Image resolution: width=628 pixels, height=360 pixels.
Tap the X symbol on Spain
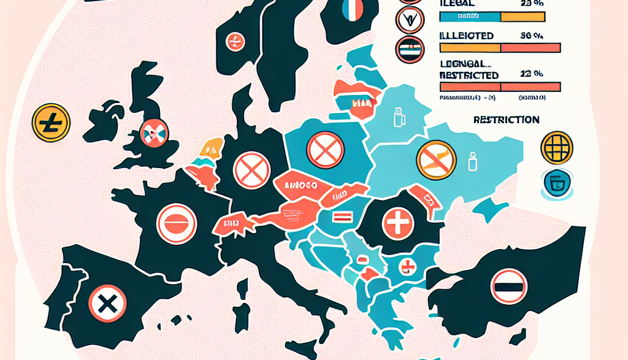[x=107, y=304]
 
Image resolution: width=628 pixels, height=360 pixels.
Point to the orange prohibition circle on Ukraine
[x=436, y=159]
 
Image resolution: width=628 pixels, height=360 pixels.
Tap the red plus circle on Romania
[x=399, y=222]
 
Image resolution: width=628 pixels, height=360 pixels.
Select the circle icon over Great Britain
[x=154, y=132]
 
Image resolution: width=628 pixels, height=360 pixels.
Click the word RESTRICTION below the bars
[x=507, y=120]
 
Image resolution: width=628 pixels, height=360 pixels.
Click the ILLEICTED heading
[x=467, y=36]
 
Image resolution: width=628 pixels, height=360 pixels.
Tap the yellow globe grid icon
[x=557, y=147]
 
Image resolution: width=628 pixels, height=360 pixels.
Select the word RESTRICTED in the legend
[x=469, y=75]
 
